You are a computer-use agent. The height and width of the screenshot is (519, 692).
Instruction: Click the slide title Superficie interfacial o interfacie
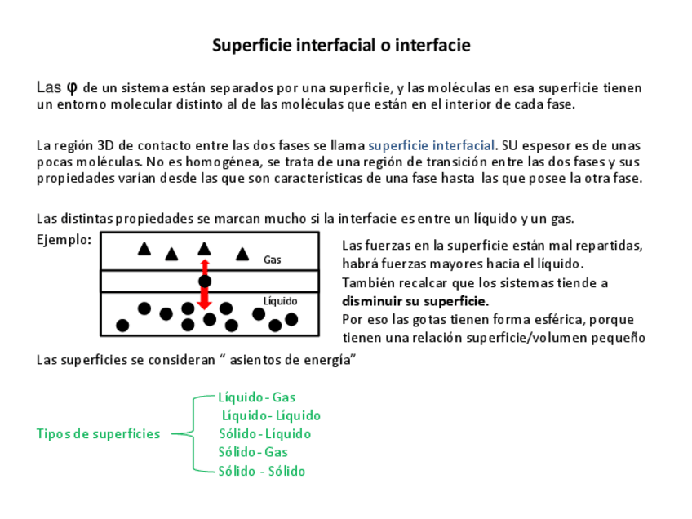point(341,45)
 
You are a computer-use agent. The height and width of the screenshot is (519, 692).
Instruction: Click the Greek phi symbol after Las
point(72,86)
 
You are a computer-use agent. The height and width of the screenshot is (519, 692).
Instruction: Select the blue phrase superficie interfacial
point(432,145)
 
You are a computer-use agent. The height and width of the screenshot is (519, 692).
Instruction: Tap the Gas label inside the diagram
point(273,259)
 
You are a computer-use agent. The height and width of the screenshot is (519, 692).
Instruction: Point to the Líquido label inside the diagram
point(281,300)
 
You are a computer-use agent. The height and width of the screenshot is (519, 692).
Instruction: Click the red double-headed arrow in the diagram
point(204,284)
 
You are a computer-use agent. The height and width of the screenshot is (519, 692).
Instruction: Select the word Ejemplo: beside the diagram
point(64,239)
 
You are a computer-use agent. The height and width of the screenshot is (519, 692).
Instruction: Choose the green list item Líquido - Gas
point(256,397)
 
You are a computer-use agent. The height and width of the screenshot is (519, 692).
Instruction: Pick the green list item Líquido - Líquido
point(271,415)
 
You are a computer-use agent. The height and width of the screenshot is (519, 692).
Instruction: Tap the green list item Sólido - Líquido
point(264,433)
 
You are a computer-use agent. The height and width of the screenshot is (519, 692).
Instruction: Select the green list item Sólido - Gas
point(253,451)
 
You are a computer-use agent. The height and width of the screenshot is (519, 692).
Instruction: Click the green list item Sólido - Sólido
point(261,471)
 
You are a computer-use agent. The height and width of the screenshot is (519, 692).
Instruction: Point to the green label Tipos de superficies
point(98,433)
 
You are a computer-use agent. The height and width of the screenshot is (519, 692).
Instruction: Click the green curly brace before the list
point(193,433)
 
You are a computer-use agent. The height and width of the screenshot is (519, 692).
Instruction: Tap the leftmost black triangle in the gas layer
point(144,248)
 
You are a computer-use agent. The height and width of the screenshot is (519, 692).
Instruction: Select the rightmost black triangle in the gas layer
point(242,255)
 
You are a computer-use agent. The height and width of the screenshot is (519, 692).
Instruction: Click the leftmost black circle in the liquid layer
point(122,325)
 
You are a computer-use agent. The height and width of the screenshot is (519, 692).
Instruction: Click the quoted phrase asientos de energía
point(292,360)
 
